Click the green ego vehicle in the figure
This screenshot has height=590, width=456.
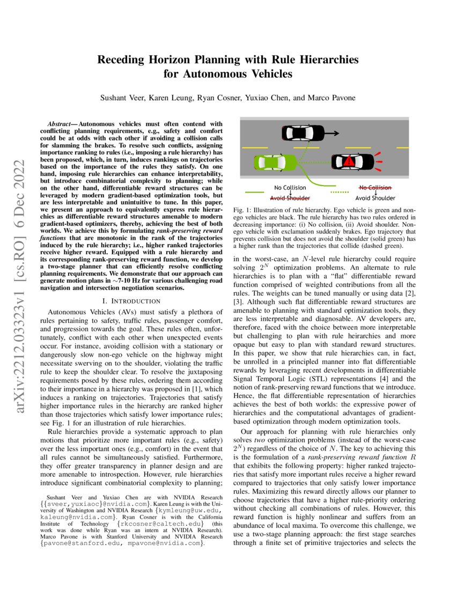(x=275, y=161)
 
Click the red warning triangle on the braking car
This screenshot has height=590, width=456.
(x=349, y=161)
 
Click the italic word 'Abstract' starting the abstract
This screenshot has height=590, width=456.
(x=58, y=124)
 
